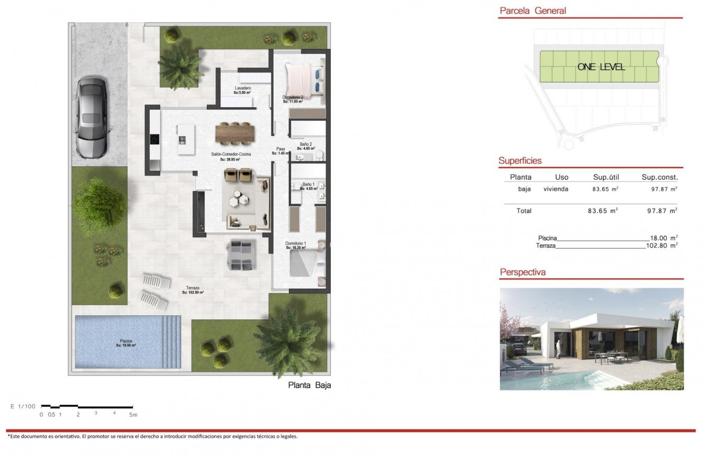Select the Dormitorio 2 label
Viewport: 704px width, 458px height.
293,98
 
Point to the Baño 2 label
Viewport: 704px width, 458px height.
306,144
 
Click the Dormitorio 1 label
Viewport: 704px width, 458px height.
295,244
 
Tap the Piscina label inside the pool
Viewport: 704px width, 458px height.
126,341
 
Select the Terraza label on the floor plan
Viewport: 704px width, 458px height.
193,288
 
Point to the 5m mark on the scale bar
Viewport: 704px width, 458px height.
133,414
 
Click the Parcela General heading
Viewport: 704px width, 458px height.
532,11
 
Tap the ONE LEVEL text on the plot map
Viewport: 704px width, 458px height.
601,67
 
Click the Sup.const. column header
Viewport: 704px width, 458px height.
659,177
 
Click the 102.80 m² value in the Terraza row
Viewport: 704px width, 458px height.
661,246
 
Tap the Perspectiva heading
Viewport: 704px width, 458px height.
522,272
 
